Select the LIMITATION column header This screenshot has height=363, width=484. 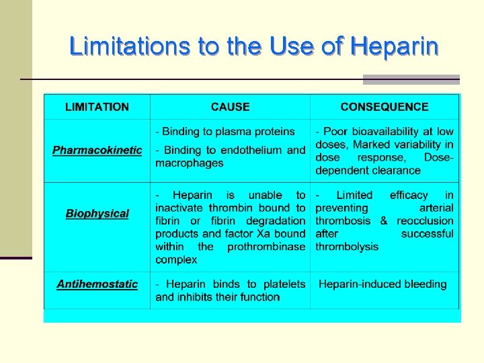coord(97,107)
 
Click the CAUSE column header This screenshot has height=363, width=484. coord(230,107)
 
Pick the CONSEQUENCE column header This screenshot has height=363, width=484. coord(385,107)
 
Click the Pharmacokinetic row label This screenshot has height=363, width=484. coord(97,150)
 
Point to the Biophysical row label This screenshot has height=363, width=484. coord(97,214)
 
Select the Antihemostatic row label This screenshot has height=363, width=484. coord(97,284)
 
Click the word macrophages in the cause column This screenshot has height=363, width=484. coord(190,163)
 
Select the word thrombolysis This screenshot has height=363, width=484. coord(347,247)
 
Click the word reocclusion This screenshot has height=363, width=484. coord(425,220)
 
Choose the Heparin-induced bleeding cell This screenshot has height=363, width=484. coord(382,284)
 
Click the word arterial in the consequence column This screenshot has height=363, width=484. coord(436,208)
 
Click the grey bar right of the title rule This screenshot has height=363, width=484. coord(411,79)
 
